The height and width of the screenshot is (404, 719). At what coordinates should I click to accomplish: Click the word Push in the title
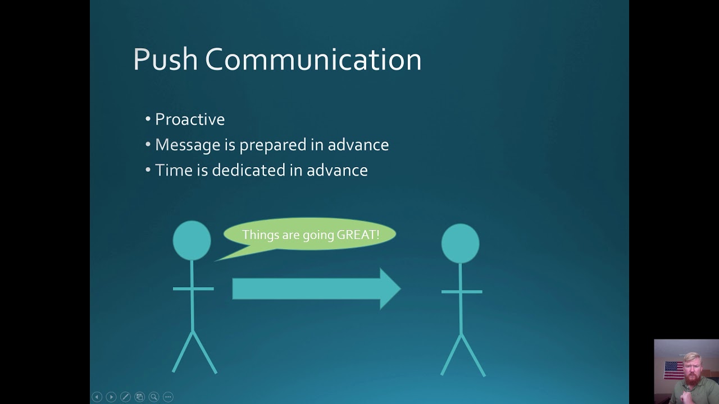coord(165,59)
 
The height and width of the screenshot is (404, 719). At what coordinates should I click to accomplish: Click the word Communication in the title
coord(313,59)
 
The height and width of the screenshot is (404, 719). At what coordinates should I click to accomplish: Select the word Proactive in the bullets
coord(190,120)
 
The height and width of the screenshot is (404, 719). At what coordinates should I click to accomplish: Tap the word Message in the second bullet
coord(188,145)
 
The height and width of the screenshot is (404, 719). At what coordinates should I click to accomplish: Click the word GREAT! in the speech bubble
coord(358,235)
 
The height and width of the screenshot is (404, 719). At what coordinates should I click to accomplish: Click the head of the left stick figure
coord(192,240)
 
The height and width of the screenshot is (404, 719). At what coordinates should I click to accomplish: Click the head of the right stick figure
coord(460,243)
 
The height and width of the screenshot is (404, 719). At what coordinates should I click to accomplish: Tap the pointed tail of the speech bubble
coord(221,258)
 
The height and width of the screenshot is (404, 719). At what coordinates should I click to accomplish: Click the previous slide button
coord(97,397)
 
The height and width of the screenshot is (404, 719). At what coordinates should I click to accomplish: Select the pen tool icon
coord(125,397)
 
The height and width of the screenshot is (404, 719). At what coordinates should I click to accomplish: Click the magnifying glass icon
coord(153,397)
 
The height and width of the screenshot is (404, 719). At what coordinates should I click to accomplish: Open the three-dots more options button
coord(168,397)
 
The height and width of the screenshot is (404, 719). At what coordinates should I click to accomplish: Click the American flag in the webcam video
coord(674,370)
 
